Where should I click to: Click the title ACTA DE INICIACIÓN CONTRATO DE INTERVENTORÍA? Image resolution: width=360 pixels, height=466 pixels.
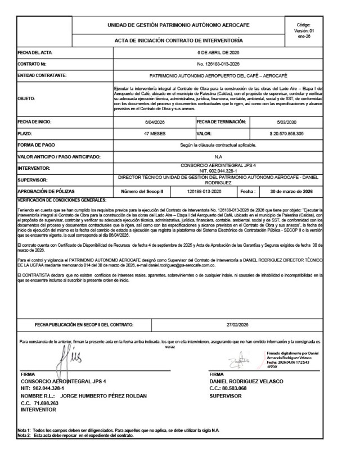179,40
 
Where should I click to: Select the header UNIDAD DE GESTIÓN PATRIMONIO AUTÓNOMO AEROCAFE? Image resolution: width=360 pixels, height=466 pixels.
179,25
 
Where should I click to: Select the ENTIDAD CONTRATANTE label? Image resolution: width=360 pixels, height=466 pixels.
43,75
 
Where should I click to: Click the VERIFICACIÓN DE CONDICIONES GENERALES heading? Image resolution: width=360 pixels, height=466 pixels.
62,200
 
